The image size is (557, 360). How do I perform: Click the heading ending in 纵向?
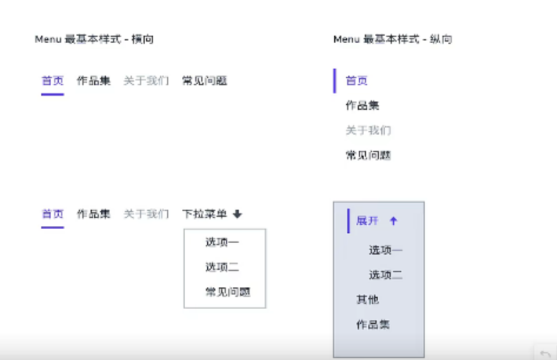(x=392, y=39)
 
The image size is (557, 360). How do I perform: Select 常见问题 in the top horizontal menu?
(x=205, y=80)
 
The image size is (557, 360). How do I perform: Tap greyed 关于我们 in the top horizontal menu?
(x=146, y=80)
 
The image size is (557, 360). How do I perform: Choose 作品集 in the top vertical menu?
(x=362, y=105)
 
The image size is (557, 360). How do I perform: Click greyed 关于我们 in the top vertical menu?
(x=368, y=130)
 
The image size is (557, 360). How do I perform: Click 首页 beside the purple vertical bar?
(x=357, y=80)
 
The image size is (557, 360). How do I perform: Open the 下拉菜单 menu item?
(x=205, y=213)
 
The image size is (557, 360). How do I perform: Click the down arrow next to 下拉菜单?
(x=238, y=213)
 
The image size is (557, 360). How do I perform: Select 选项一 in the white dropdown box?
(x=222, y=242)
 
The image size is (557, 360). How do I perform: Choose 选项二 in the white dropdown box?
(x=222, y=267)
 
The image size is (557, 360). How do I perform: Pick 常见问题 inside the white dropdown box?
(x=228, y=293)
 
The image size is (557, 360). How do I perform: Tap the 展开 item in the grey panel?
(x=367, y=221)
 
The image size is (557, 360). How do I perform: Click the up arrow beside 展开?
(x=394, y=221)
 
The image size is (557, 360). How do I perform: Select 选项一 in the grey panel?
(x=386, y=250)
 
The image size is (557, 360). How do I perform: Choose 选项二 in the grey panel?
(x=386, y=275)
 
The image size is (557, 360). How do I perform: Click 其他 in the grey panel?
(x=367, y=300)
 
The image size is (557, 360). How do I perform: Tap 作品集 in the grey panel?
(x=373, y=324)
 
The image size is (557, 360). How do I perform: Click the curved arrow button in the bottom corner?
(x=545, y=353)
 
